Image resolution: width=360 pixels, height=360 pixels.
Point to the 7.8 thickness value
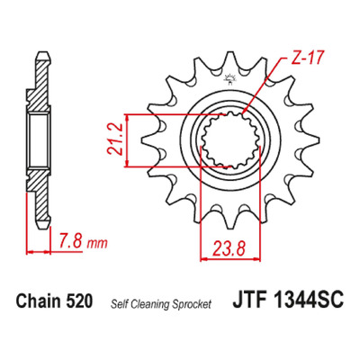pyautogui.click(x=71, y=240)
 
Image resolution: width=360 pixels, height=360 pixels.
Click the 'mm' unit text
pyautogui.click(x=96, y=244)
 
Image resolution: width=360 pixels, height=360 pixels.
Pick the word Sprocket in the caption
pyautogui.click(x=192, y=304)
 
